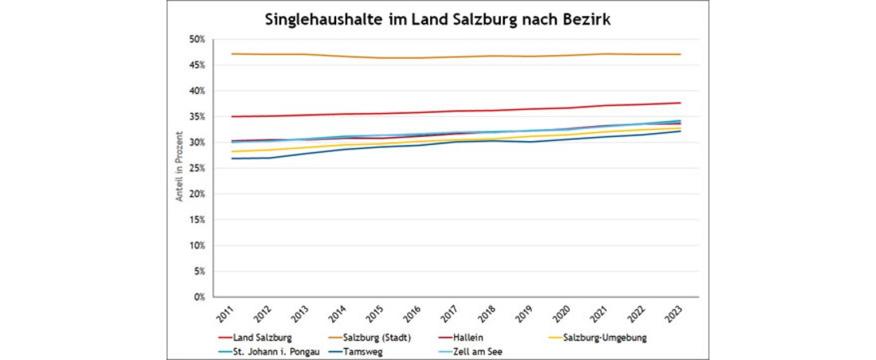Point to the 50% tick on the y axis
(197, 39)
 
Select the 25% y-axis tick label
(197, 168)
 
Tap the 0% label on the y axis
(199, 297)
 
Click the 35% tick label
(197, 116)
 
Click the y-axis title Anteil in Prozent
(181, 168)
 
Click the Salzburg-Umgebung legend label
(602, 338)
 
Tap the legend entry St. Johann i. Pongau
(274, 350)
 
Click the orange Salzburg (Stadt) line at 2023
(679, 54)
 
